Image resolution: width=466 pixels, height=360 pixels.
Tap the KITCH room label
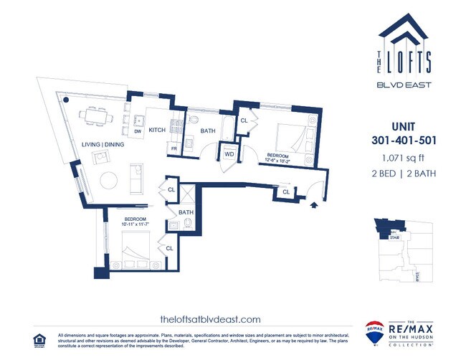click(157, 130)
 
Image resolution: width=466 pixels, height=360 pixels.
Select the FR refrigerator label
click(173, 148)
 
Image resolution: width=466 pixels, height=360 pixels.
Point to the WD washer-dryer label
click(229, 153)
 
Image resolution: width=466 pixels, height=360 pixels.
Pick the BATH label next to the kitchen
click(208, 131)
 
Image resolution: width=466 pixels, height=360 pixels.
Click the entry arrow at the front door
click(313, 204)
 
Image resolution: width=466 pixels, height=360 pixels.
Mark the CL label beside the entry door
click(286, 191)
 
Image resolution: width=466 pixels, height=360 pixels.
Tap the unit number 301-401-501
click(405, 139)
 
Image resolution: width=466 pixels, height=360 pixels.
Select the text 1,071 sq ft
click(405, 157)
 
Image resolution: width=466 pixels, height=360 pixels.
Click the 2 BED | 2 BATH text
click(405, 174)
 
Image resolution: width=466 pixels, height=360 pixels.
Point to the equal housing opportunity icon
click(39, 338)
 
